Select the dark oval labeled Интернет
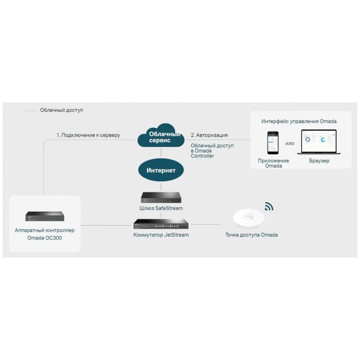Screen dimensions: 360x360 161,170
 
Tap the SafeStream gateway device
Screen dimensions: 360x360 161,197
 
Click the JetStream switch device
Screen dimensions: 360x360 161,224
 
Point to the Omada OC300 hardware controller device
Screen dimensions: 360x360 45,216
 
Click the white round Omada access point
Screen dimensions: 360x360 249,218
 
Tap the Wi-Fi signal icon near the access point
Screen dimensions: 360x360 269,206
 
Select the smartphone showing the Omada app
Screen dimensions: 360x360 273,143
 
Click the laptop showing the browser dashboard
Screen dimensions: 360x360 319,142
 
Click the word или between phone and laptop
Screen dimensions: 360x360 289,144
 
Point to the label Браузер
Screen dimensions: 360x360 319,161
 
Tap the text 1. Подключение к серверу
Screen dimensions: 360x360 88,135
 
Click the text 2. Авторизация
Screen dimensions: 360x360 209,135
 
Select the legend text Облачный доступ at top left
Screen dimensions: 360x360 61,110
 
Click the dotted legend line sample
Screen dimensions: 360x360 30,111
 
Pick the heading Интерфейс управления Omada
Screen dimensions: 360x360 299,121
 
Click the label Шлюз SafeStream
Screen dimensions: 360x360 161,208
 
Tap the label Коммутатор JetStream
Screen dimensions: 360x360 161,235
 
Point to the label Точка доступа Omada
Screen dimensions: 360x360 252,235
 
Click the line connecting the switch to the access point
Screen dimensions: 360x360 205,224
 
